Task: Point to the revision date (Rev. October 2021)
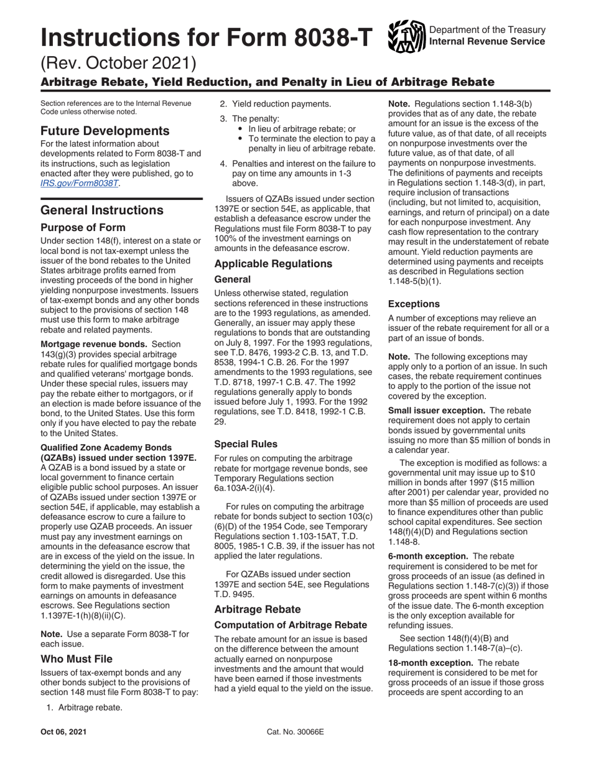pos(118,63)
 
